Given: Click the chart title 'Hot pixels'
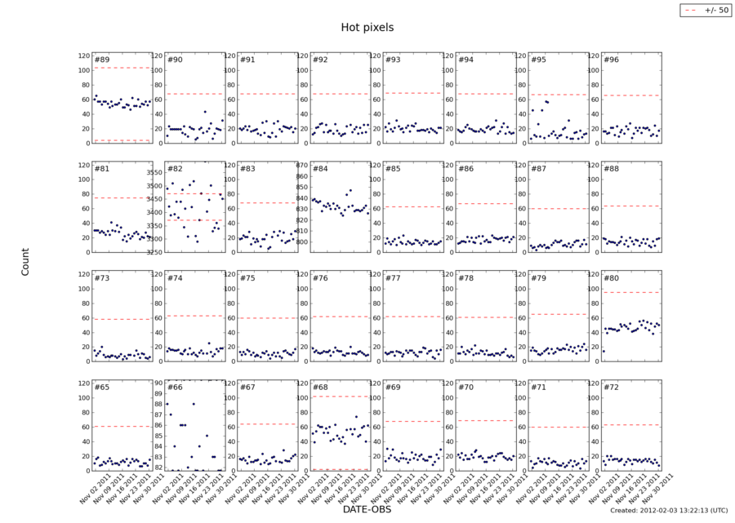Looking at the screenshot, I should point(367,28).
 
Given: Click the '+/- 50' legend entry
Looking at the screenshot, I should point(707,10).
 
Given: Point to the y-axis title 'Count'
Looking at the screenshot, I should point(25,261).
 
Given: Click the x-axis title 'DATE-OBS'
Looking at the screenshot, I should point(367,509).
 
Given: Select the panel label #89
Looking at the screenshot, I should point(102,60).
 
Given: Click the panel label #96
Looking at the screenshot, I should point(611,60).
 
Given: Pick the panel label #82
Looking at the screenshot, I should point(175,169).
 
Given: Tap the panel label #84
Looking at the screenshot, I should point(320,169).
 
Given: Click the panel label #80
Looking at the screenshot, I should point(611,278).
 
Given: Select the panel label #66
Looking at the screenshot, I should point(175,388).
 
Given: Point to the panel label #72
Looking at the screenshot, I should point(611,388).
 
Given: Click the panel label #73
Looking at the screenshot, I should point(102,278).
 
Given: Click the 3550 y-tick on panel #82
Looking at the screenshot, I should point(154,173).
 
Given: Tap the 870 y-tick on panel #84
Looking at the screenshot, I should point(302,166).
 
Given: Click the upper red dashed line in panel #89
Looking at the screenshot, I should point(122,68).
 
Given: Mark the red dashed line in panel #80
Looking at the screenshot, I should point(630,292).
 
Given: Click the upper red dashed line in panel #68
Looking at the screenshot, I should point(340,397).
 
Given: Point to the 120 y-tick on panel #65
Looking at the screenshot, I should point(83,383).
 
